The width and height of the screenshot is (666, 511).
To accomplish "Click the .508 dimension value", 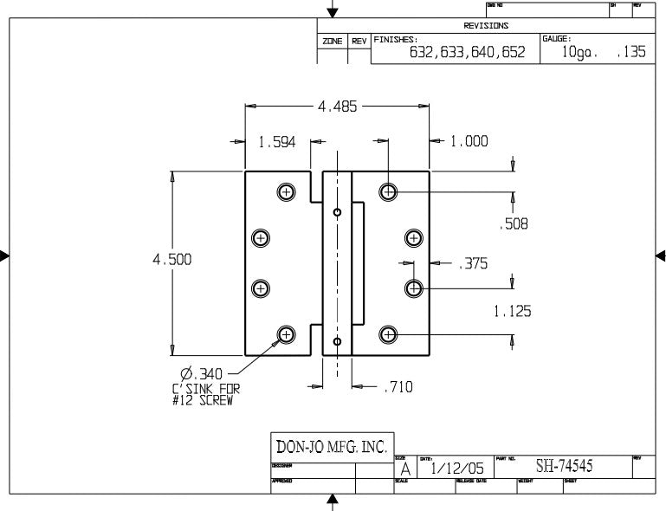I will click(514, 224).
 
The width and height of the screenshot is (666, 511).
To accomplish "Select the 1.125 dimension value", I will click(513, 311).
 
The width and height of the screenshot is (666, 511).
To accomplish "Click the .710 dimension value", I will click(398, 387).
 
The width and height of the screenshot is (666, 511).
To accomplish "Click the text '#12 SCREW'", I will click(202, 400).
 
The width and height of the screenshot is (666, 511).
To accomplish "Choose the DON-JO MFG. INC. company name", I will click(330, 447).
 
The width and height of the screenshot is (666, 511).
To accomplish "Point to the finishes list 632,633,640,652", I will click(467, 52).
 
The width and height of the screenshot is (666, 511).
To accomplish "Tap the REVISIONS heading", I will click(487, 26).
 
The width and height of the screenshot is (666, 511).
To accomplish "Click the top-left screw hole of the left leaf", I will click(287, 191).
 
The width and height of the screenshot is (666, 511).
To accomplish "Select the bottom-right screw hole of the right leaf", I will click(389, 334).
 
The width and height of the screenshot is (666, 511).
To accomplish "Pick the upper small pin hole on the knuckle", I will click(337, 211).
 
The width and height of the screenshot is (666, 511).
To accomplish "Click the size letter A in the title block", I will click(404, 469).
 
